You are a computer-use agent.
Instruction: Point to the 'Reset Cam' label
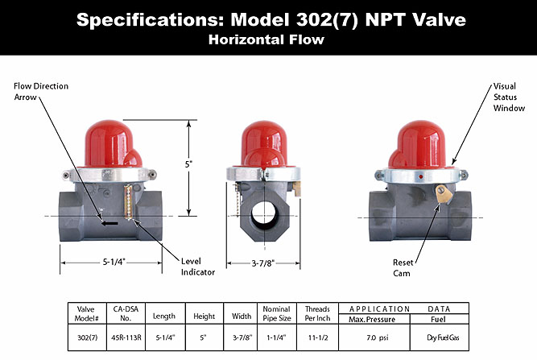pyautogui.click(x=403, y=267)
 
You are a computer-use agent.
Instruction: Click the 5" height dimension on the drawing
pyautogui.click(x=189, y=164)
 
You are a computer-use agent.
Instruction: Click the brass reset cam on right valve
pyautogui.click(x=440, y=194)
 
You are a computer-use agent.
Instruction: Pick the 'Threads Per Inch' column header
pyautogui.click(x=317, y=312)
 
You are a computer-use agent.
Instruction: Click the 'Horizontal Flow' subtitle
pyautogui.click(x=267, y=39)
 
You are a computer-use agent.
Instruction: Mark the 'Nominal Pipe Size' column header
pyautogui.click(x=276, y=312)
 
